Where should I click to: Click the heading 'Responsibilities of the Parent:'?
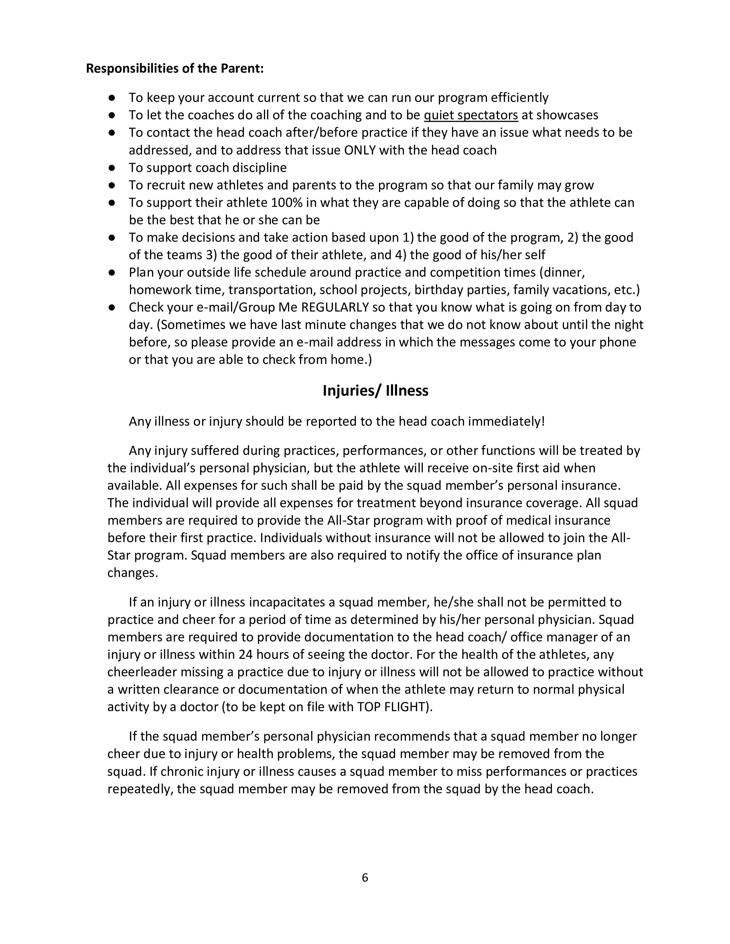click(175, 68)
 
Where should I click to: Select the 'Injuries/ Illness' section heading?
click(375, 391)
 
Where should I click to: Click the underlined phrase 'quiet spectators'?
click(471, 115)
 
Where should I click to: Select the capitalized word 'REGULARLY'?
click(335, 307)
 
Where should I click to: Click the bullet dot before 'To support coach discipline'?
click(112, 167)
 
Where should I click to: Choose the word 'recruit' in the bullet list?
click(164, 185)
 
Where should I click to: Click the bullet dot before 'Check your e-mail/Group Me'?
click(112, 307)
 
